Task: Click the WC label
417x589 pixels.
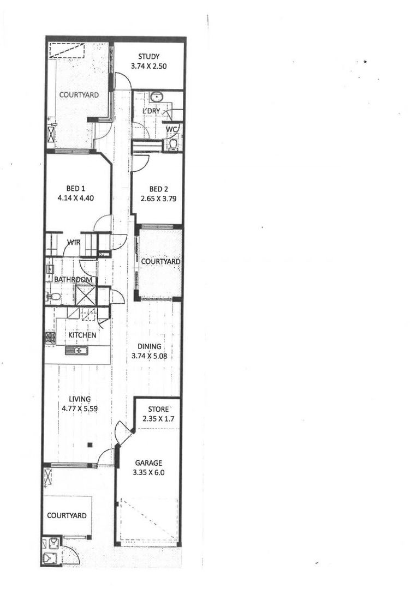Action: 171,129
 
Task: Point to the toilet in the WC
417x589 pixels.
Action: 173,144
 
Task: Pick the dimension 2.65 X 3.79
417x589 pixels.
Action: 157,199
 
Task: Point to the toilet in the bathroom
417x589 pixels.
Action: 53,297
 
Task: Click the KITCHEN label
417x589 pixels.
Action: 82,335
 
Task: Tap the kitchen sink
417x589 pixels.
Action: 76,350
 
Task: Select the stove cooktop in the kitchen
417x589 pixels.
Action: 50,338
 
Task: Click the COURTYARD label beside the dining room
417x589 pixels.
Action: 160,262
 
